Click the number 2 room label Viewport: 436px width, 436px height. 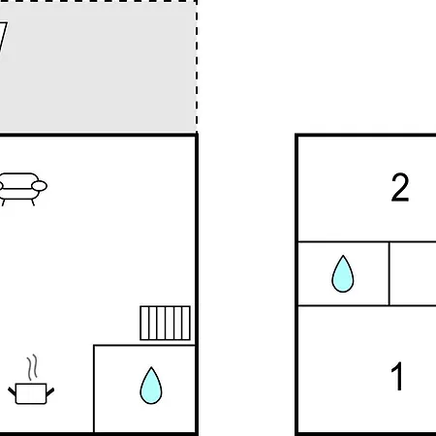pos(400,187)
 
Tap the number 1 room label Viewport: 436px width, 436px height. pos(397,376)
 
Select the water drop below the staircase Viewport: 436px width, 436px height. pos(151,386)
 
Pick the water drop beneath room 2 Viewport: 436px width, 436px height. pos(343,274)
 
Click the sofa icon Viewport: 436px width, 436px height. pos(22,189)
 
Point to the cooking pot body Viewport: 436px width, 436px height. pos(31,393)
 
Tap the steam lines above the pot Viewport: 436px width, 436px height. pos(32,367)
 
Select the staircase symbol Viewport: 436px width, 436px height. pos(165,323)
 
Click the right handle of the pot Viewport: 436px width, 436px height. pos(50,392)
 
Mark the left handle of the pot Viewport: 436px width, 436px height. pos(12,392)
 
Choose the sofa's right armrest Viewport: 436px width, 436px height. pos(40,186)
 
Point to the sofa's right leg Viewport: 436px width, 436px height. pos(33,202)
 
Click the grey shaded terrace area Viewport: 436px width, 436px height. pos(97,68)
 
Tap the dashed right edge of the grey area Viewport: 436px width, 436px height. pos(197,66)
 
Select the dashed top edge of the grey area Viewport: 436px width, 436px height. pos(98,1)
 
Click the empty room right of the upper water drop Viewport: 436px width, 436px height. pos(413,273)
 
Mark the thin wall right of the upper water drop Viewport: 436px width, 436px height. pos(389,273)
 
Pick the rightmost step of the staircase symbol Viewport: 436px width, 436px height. pos(186,323)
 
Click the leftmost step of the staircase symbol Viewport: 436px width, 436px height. pos(144,323)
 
